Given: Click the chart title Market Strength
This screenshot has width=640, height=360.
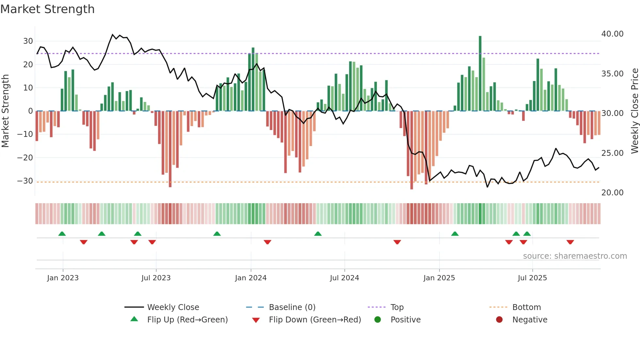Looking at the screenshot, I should click(x=47, y=9).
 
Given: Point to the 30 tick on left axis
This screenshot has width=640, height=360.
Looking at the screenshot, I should click(x=28, y=41).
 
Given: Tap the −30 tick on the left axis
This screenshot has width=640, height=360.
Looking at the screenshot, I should click(x=25, y=181).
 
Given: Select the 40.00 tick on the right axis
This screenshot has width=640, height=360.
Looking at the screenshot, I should click(x=612, y=34).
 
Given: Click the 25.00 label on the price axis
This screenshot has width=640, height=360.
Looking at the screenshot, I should click(x=612, y=153).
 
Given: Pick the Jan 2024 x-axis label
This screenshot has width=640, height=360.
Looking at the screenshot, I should click(x=251, y=278).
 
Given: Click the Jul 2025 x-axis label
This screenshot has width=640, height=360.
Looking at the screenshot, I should click(x=532, y=278).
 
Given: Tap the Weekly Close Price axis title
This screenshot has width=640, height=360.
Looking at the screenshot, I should click(x=634, y=111).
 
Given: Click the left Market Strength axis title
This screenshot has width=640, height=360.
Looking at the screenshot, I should click(x=6, y=111).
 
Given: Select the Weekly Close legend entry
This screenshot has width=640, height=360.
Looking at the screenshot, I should click(x=173, y=307).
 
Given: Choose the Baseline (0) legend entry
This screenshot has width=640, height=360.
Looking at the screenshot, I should click(x=292, y=307).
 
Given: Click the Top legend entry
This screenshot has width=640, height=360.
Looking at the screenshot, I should click(x=397, y=307).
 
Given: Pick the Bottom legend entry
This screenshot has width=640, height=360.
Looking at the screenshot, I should click(x=526, y=307).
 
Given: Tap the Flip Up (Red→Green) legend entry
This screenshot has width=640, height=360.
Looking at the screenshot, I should click(x=187, y=320).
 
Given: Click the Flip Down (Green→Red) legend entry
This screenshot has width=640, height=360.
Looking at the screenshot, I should click(x=315, y=320).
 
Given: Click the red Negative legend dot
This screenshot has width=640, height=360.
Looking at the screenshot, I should click(x=499, y=319).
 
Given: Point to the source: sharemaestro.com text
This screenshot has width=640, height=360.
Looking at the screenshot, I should click(x=575, y=256).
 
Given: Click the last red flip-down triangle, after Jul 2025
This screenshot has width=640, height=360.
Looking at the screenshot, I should click(x=570, y=242).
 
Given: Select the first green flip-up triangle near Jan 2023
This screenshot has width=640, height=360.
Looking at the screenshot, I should click(x=62, y=234).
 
